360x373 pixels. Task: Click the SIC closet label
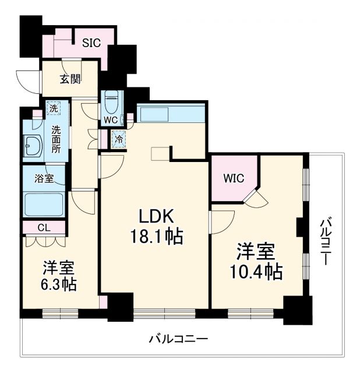91,42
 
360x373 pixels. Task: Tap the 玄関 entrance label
70,79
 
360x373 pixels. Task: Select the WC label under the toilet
111,120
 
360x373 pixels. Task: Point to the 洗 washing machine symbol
53,108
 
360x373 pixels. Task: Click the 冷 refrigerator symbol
118,140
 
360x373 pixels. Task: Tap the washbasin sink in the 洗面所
32,145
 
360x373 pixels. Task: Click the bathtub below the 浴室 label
44,203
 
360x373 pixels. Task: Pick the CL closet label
44,227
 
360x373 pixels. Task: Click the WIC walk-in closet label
233,178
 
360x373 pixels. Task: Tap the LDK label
157,216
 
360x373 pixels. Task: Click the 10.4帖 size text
259,271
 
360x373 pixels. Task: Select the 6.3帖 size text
58,284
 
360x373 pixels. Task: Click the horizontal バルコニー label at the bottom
178,339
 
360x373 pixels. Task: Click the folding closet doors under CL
44,241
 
